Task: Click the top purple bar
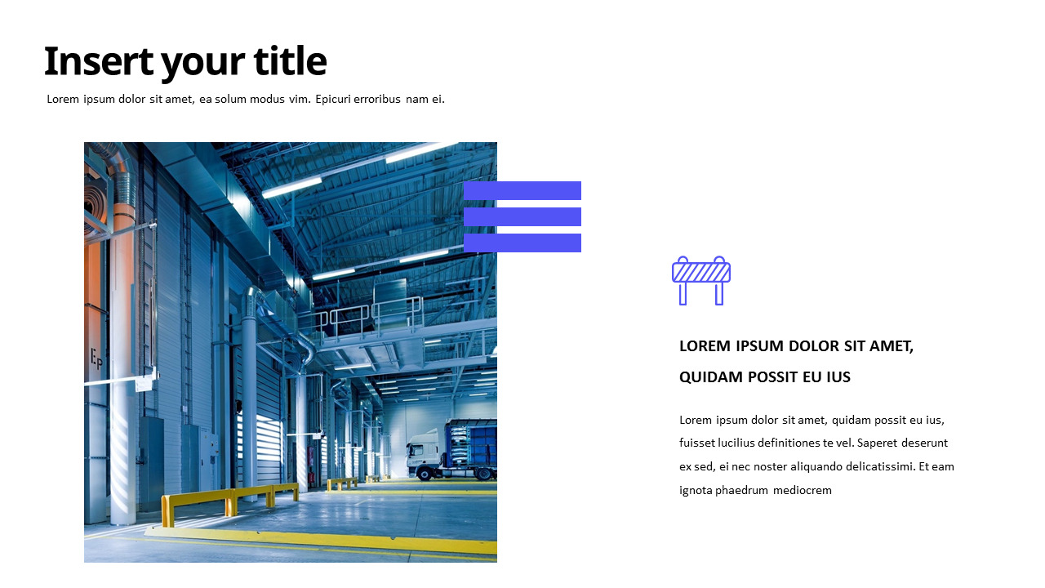(522, 190)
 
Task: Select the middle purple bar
(522, 216)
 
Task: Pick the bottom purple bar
(522, 243)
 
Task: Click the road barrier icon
(700, 280)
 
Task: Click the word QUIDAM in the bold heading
(709, 377)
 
